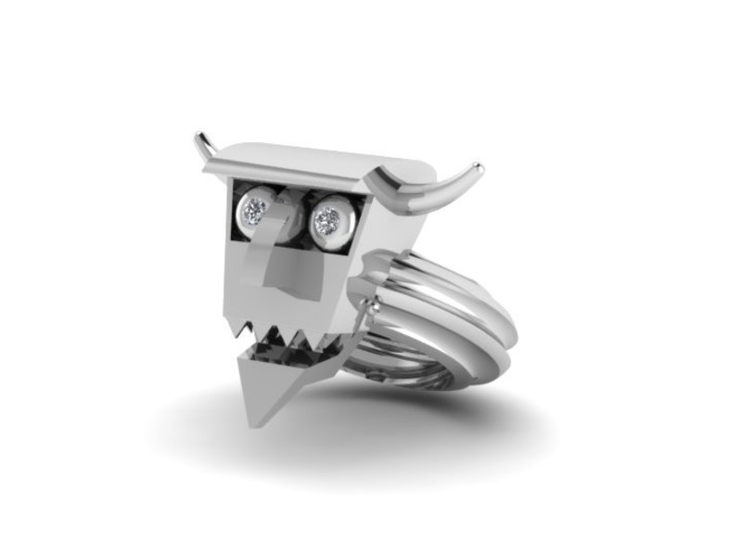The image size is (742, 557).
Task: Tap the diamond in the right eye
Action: pos(326,220)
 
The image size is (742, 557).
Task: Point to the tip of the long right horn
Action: pos(479,168)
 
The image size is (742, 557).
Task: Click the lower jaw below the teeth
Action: pos(278,381)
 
